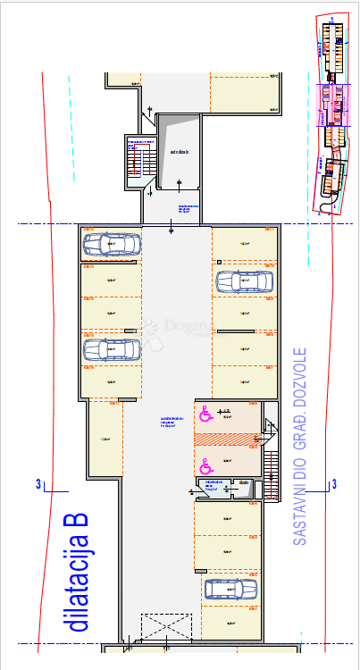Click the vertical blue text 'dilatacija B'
point(80,572)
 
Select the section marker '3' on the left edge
point(38,484)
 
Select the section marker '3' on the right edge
point(334,484)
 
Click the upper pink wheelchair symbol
point(204,412)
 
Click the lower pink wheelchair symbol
point(204,465)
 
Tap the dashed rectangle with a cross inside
point(166,626)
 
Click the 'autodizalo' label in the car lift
point(179,152)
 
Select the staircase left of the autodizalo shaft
point(135,161)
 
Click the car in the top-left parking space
point(112,243)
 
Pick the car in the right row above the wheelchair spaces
point(242,282)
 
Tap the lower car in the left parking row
point(112,348)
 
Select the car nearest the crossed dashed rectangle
point(230,589)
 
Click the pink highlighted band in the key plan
point(335,104)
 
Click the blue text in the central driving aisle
point(172,422)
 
